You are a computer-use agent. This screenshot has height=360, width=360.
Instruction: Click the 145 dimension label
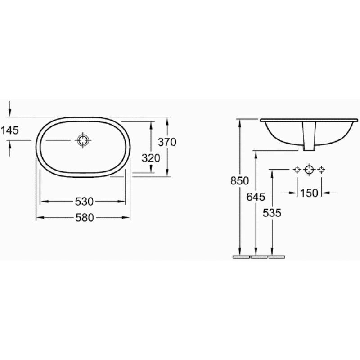pyautogui.click(x=9, y=130)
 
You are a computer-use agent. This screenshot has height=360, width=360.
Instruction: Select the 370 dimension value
pyautogui.click(x=167, y=142)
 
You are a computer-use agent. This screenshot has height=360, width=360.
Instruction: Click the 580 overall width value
pyautogui.click(x=84, y=218)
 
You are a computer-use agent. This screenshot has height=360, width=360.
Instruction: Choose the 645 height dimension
pyautogui.click(x=256, y=197)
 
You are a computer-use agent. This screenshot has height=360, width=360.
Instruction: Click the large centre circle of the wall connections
pyautogui.click(x=309, y=170)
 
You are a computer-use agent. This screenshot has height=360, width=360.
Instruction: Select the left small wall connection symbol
pyautogui.click(x=297, y=170)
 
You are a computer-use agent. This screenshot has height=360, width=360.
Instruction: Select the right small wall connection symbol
pyautogui.click(x=321, y=170)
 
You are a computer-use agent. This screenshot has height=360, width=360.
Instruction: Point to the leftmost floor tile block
pyautogui.click(x=241, y=258)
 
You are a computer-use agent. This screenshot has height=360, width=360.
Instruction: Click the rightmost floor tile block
pyautogui.click(x=276, y=258)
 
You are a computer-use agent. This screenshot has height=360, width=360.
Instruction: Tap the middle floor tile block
pyautogui.click(x=258, y=258)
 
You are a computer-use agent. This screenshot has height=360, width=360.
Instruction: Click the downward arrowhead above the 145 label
pyautogui.click(x=9, y=112)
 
